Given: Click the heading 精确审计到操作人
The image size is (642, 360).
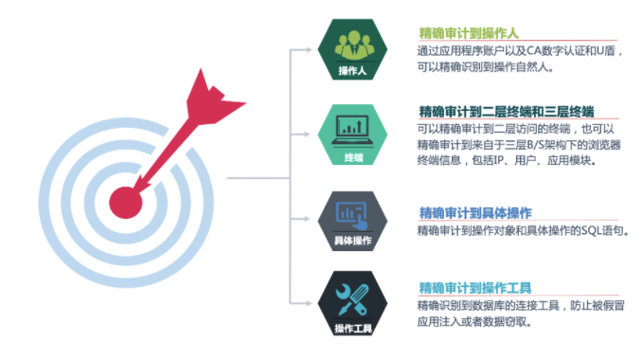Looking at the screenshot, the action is click(470, 33).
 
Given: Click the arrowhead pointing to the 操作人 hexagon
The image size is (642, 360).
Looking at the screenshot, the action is click(314, 51).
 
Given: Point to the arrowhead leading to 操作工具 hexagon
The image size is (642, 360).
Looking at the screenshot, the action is click(314, 303).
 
